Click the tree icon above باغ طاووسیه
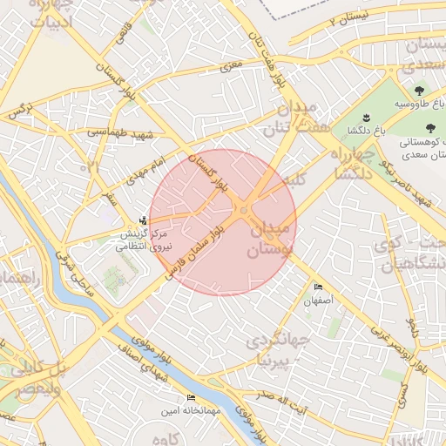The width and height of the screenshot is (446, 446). point(420,90)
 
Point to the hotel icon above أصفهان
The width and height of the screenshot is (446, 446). point(318,287)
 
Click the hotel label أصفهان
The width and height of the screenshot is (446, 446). point(318,301)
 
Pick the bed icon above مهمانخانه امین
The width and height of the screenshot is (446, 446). point(191,397)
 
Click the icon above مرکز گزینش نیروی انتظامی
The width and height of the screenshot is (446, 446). point(143,220)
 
